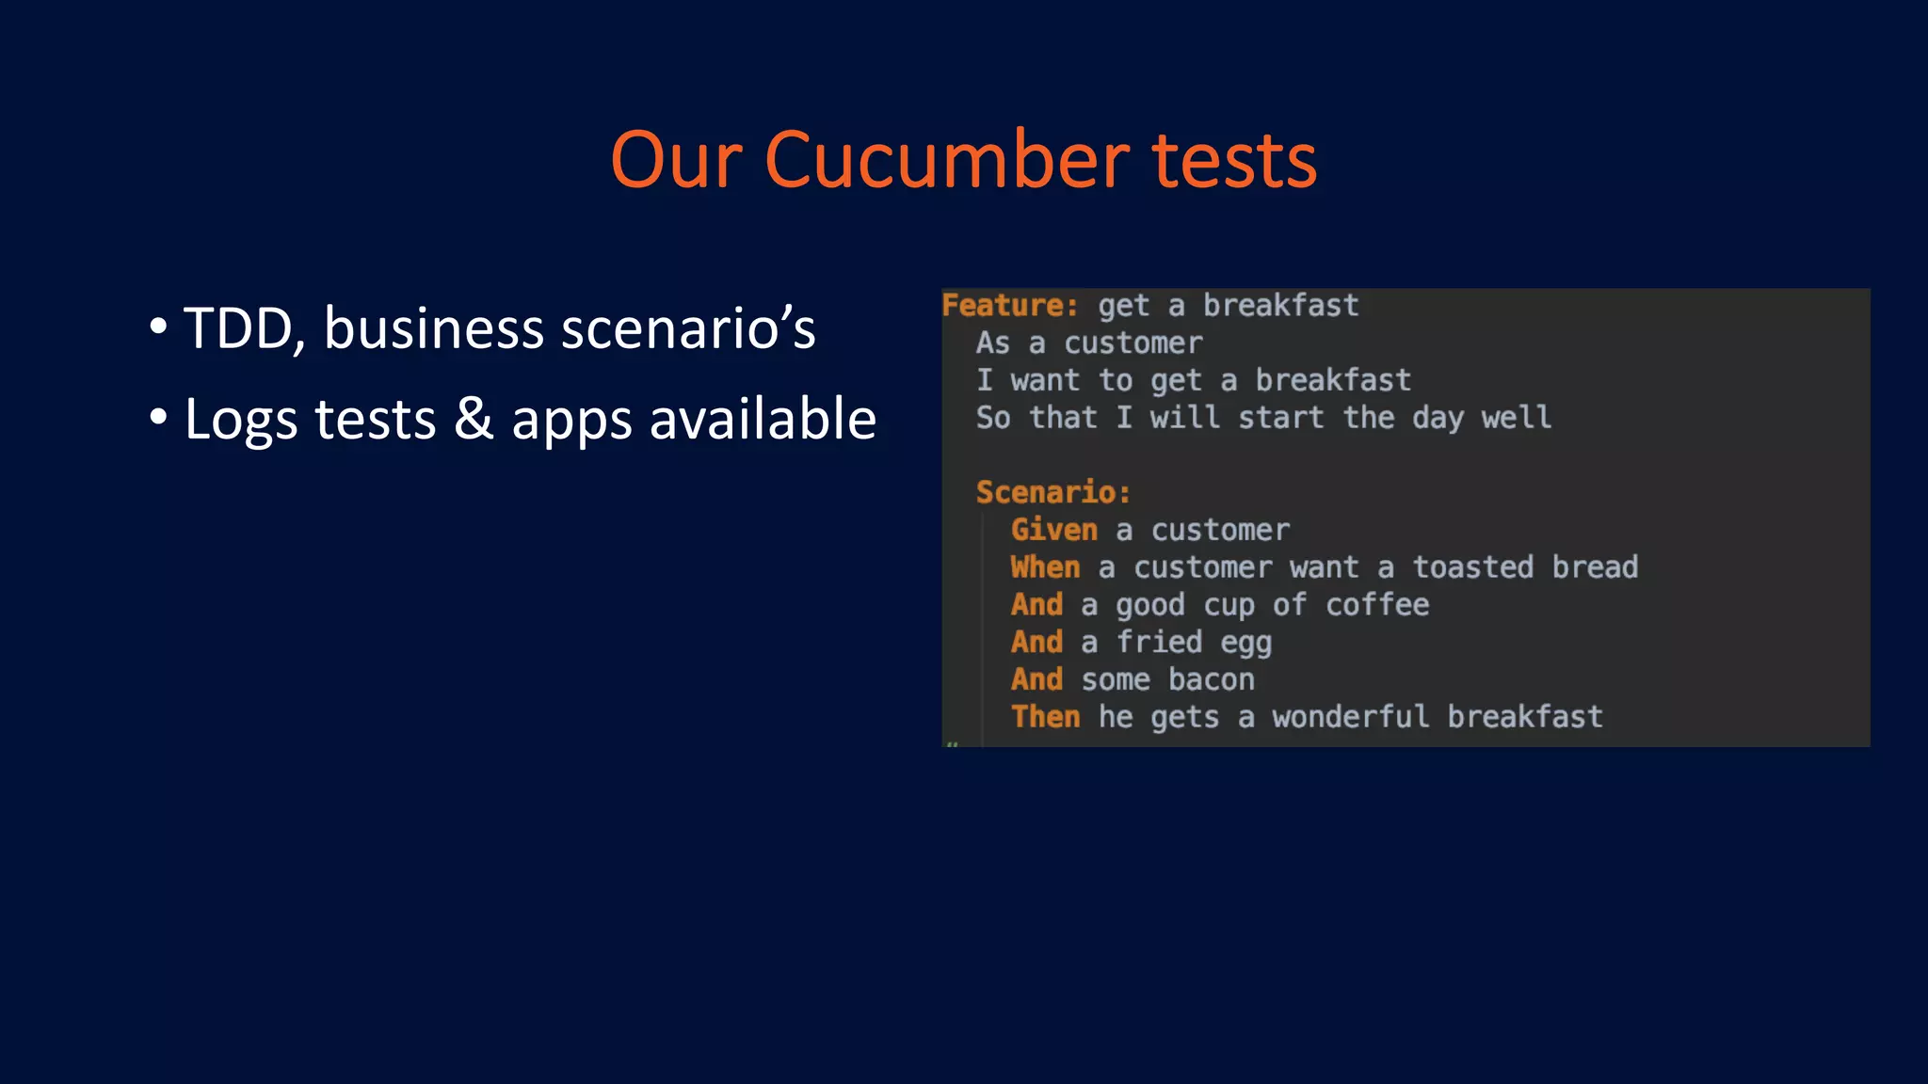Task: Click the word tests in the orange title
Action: [x=1234, y=160]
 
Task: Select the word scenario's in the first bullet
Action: [x=688, y=328]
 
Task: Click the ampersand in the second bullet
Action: [x=474, y=419]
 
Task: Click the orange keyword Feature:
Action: [x=1009, y=305]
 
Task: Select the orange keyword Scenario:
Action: [x=1052, y=492]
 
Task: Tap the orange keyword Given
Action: [x=1053, y=530]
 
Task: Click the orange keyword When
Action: [x=1045, y=567]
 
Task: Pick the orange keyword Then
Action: [x=1045, y=717]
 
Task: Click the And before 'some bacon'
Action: [x=1036, y=679]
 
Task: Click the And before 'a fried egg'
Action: [x=1036, y=642]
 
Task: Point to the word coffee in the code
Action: [x=1376, y=604]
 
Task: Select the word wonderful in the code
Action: [x=1350, y=717]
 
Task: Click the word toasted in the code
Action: [x=1472, y=567]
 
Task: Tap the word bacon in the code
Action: [x=1211, y=679]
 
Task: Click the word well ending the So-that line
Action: [x=1516, y=417]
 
